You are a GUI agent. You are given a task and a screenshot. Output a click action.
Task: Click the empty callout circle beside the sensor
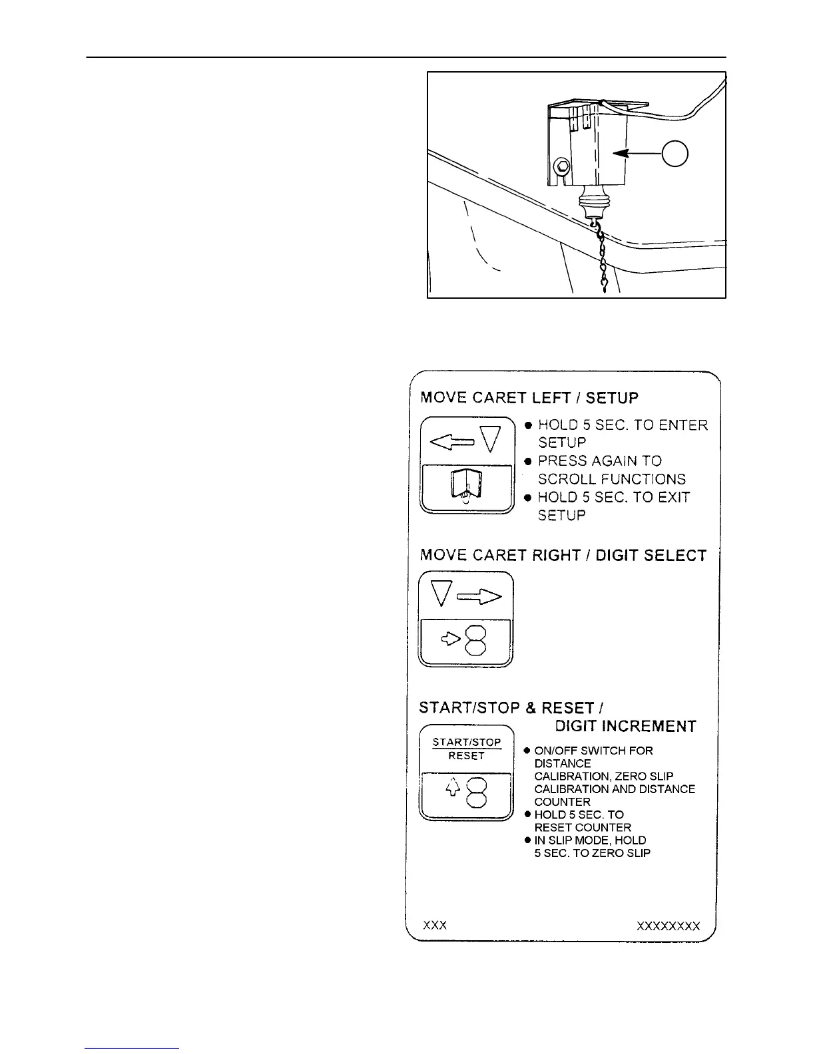click(x=675, y=154)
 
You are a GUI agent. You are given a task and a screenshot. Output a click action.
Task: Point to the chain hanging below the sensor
click(x=603, y=260)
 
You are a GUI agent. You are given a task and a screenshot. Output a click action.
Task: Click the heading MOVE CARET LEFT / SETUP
click(x=529, y=398)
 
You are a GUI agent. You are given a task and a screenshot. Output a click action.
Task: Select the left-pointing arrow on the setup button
click(x=451, y=440)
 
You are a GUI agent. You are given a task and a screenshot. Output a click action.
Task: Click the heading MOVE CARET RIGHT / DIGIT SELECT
click(x=563, y=556)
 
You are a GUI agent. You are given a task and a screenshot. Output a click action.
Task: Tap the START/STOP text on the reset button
click(x=467, y=742)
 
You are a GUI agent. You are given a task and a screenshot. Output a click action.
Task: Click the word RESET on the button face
click(x=467, y=756)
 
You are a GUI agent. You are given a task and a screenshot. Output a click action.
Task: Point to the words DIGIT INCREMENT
click(x=626, y=726)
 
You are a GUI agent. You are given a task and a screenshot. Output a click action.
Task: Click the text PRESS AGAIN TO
click(x=600, y=461)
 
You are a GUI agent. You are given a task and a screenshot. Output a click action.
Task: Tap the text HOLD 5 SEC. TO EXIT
click(x=613, y=497)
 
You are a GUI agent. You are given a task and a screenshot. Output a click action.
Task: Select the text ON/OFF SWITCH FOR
click(x=593, y=751)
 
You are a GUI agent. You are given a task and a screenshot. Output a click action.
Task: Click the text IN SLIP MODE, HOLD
click(x=590, y=840)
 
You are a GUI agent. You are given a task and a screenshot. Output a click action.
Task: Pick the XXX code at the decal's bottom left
click(x=435, y=926)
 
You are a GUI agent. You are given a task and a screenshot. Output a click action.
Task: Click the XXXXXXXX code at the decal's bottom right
click(x=669, y=926)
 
